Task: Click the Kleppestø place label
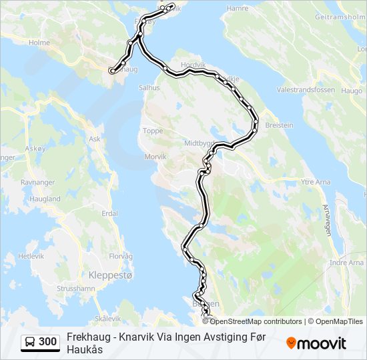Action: click(111, 274)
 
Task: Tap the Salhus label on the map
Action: click(149, 87)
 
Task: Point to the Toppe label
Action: click(153, 131)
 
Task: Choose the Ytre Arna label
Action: click(316, 181)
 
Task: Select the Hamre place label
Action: click(238, 9)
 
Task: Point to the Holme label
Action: click(40, 42)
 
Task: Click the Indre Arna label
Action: click(346, 263)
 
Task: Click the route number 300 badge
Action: click(47, 342)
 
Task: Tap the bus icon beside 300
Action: click(30, 342)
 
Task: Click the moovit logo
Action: click(316, 343)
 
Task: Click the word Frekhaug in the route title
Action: click(87, 337)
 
